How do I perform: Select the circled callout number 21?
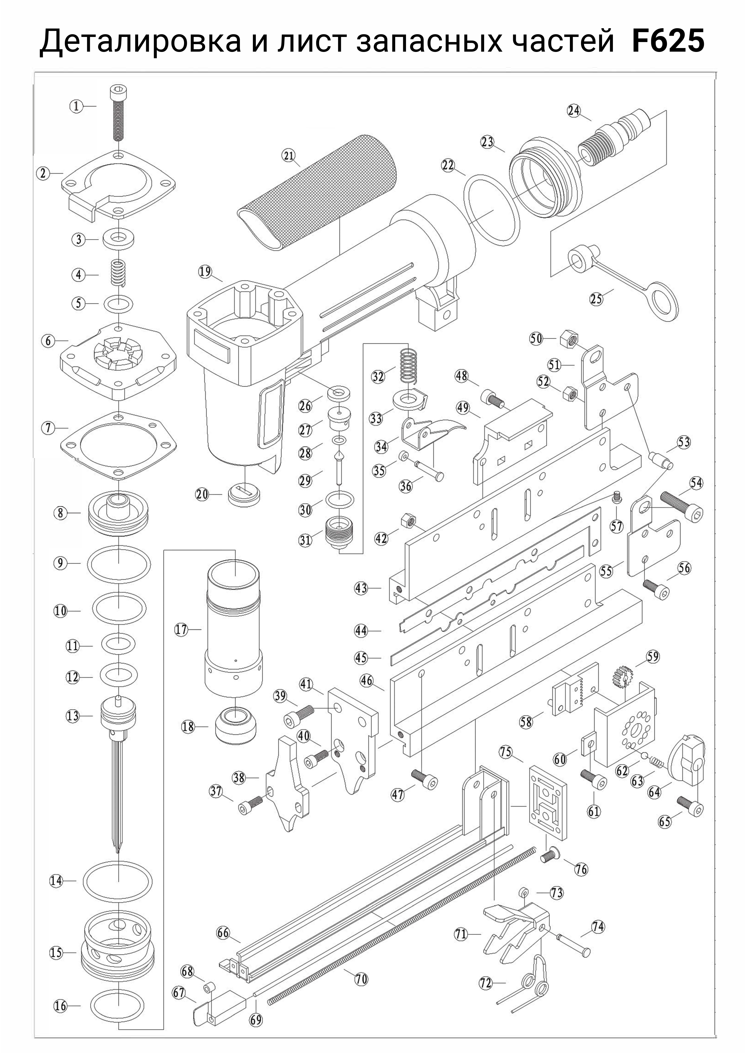(289, 155)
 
